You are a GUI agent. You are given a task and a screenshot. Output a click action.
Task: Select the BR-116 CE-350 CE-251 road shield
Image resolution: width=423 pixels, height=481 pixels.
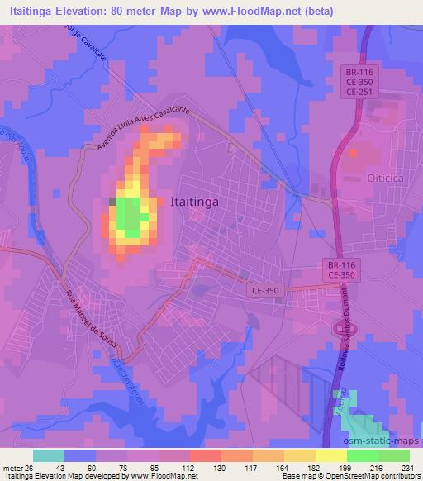pos(361,83)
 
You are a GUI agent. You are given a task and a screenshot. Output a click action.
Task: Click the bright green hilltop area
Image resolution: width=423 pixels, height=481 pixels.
pos(130,217)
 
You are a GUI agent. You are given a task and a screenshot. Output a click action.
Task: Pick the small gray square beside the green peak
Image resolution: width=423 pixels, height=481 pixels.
pos(112,201)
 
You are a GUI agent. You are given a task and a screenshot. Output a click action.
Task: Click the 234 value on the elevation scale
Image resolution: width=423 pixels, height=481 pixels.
pos(406,467)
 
